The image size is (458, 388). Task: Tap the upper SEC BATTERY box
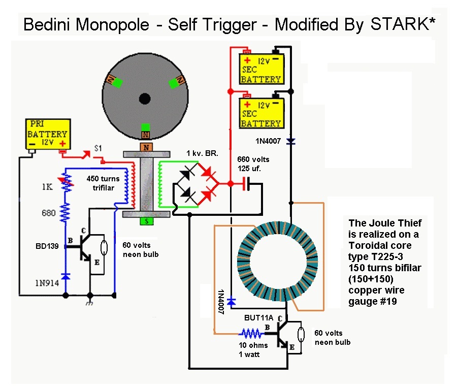pyautogui.click(x=261, y=70)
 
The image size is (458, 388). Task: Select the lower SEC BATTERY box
pyautogui.click(x=261, y=114)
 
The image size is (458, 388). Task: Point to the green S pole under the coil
pyautogui.click(x=146, y=221)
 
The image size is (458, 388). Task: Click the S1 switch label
pyautogui.click(x=100, y=148)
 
